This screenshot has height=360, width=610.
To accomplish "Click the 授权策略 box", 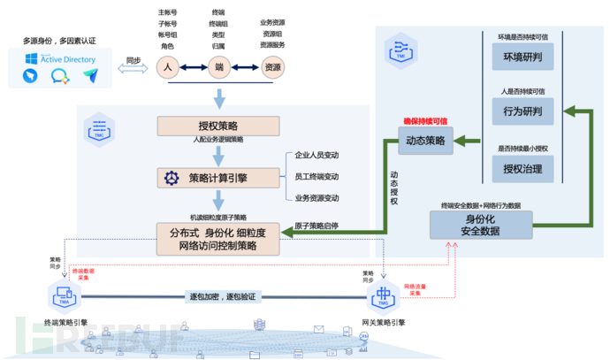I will (x=217, y=126).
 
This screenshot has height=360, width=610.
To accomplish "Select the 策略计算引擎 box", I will (x=217, y=178).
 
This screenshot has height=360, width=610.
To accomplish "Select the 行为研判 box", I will (x=522, y=111).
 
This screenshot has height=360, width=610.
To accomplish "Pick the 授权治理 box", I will (x=522, y=167).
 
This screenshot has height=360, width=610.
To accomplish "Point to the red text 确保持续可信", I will (x=425, y=121).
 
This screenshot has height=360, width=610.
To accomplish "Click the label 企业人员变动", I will (x=316, y=155).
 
